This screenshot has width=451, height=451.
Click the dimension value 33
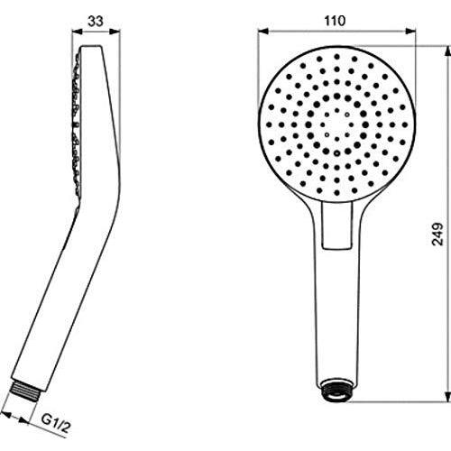[96, 21]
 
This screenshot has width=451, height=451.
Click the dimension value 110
[335, 21]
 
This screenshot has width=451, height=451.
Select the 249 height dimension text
[437, 235]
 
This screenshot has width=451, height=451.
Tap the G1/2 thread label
[55, 423]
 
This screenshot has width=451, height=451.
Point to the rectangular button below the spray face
[336, 225]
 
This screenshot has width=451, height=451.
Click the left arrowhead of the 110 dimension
[263, 32]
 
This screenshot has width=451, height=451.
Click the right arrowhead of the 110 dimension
[411, 32]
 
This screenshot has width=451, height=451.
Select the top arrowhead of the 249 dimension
[447, 51]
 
